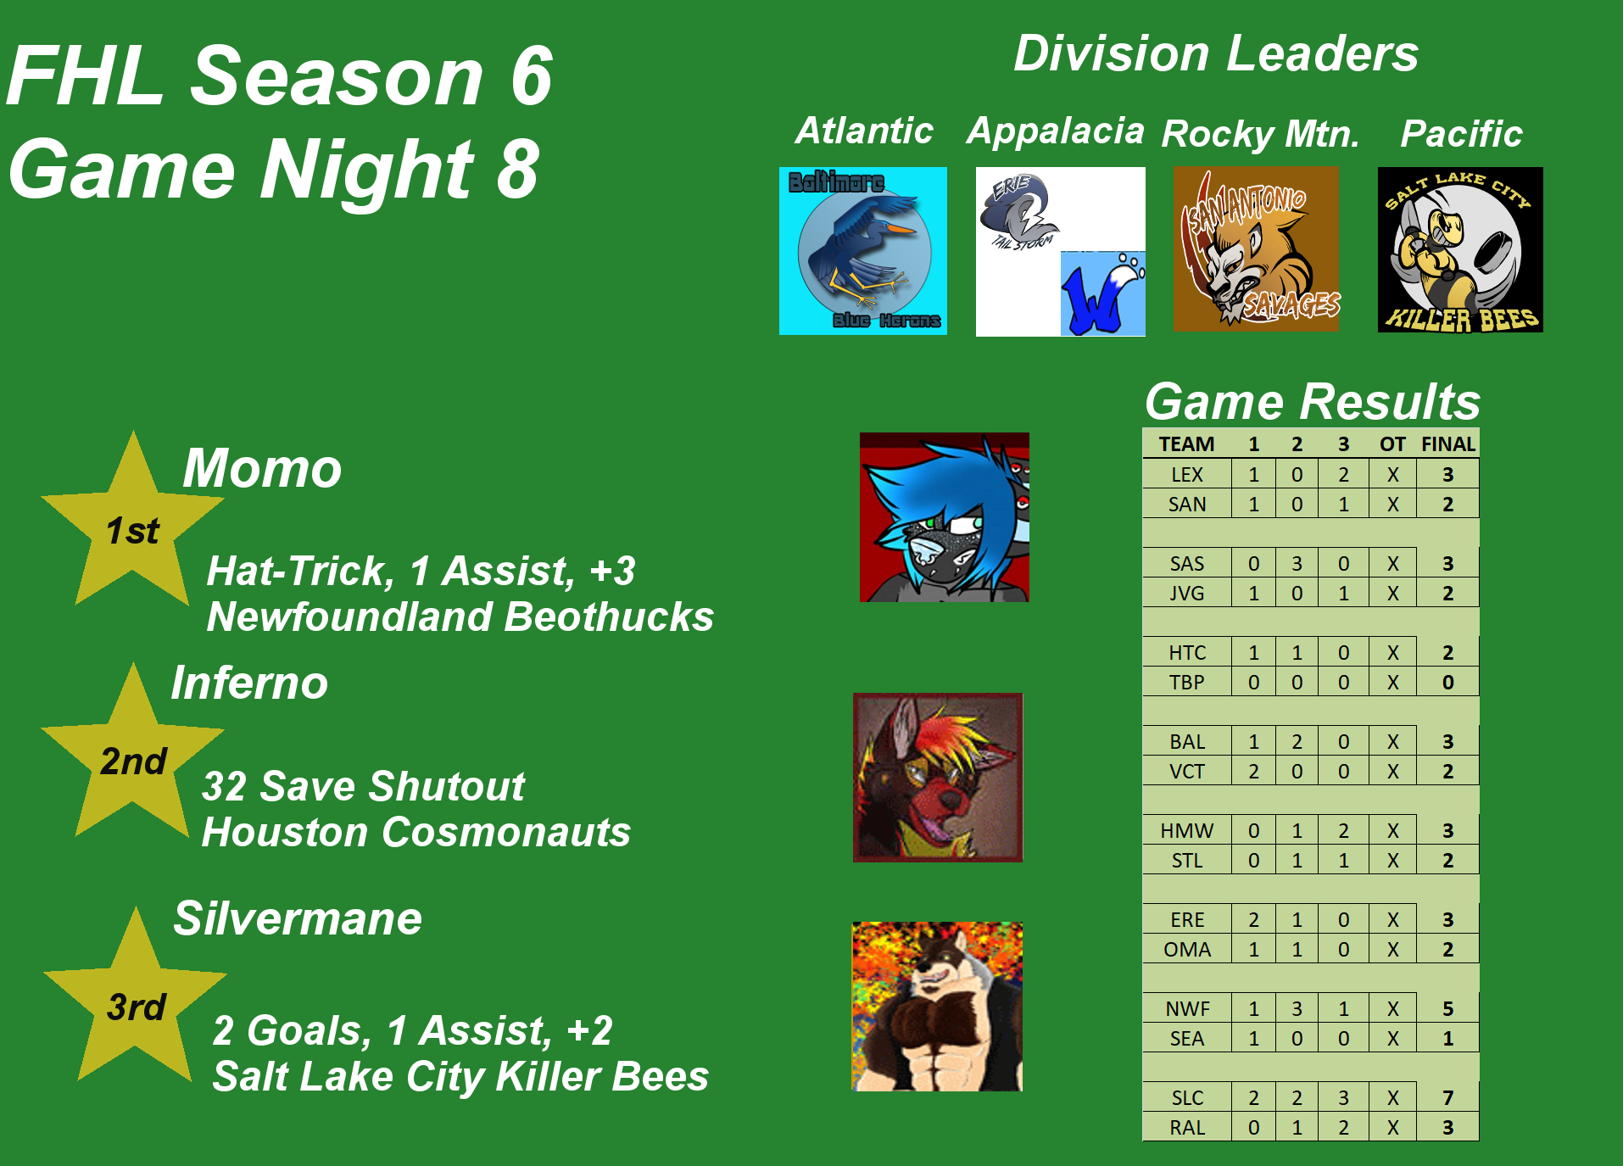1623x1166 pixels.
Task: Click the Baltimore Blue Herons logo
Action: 863,251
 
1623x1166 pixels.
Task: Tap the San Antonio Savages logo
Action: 1257,248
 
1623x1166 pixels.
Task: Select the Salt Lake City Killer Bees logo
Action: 1460,249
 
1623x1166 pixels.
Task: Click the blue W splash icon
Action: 1102,293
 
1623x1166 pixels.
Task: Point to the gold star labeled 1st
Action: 132,526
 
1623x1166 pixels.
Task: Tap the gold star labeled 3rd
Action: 135,1001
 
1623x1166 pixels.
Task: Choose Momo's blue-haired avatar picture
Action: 945,517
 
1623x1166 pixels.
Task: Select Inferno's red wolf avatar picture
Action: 938,778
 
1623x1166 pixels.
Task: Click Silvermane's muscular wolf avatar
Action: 937,1007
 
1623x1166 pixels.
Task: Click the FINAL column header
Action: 1448,444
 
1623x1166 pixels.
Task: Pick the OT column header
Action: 1392,444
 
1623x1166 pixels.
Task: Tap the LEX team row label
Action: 1187,475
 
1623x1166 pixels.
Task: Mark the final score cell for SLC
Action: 1448,1098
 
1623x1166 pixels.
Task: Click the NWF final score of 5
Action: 1448,1009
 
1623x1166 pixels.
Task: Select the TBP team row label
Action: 1187,683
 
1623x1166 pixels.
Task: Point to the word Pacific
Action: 1462,134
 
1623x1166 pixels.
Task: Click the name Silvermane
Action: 298,918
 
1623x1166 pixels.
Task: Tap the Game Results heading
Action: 1313,401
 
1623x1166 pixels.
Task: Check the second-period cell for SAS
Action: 1297,564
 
